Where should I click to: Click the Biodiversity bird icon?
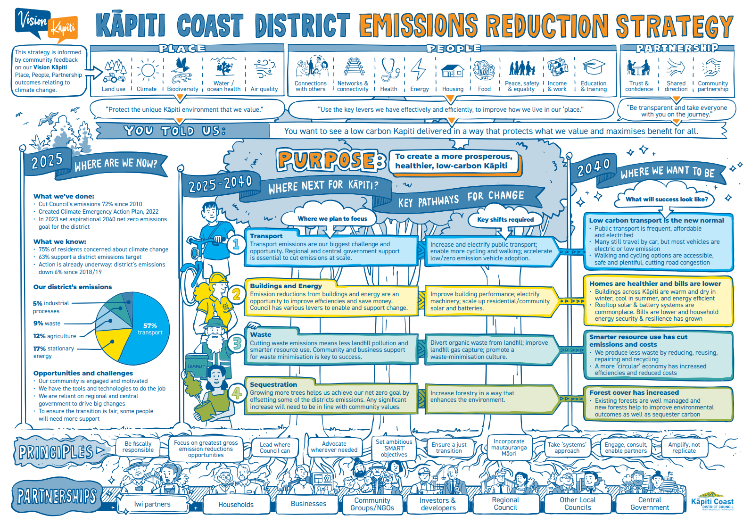click(x=182, y=71)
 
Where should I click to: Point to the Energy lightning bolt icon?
click(x=418, y=70)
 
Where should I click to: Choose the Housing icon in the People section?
click(x=453, y=71)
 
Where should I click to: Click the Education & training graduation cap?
click(x=594, y=68)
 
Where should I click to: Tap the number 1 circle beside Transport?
click(x=236, y=244)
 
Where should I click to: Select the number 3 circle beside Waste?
click(x=237, y=343)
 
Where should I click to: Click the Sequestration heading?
click(x=273, y=384)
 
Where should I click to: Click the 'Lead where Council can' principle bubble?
click(x=275, y=448)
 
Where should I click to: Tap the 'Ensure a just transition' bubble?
click(x=449, y=448)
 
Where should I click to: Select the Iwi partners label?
click(x=152, y=504)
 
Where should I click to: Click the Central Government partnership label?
click(x=649, y=504)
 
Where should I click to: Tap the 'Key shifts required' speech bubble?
click(x=505, y=219)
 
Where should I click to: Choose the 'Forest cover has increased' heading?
click(x=634, y=392)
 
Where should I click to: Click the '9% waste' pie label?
click(x=47, y=324)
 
